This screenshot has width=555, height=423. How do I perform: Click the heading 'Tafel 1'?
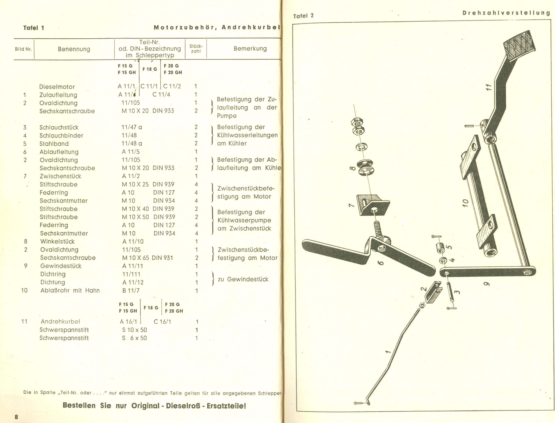pos(33,28)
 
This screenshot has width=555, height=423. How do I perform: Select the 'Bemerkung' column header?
pos(250,48)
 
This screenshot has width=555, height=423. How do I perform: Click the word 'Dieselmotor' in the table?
pos(57,87)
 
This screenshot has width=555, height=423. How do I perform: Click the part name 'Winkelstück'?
pos(57,241)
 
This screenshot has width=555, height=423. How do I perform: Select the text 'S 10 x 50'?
pos(134,330)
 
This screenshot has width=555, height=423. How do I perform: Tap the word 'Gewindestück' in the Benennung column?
pos(61,266)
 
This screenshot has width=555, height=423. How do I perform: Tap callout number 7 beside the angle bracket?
pos(351,205)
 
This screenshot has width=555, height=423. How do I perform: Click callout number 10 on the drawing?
pos(465,203)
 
